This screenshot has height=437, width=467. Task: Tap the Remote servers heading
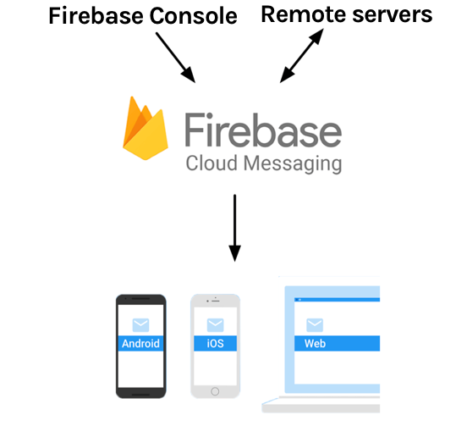[x=347, y=14]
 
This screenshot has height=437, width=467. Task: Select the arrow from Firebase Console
[x=176, y=58]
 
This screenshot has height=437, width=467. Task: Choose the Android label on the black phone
[x=140, y=344]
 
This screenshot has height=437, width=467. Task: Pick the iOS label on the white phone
[x=215, y=344]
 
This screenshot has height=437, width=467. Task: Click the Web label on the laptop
[x=315, y=344]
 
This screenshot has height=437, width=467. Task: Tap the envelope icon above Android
[x=140, y=325]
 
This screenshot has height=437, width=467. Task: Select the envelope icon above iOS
[x=215, y=325]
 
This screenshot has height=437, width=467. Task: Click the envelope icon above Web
[x=315, y=325]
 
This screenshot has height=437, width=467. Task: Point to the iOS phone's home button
[x=215, y=390]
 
